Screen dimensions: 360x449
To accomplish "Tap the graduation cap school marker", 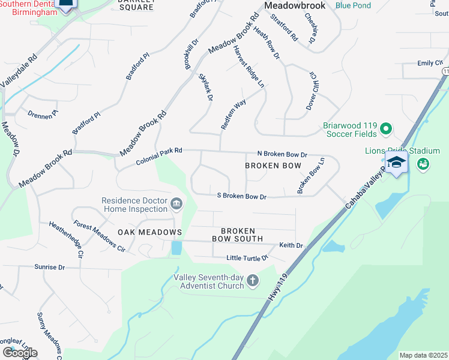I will pyautogui.click(x=396, y=163).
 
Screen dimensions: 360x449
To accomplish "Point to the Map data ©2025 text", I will pyautogui.click(x=423, y=355).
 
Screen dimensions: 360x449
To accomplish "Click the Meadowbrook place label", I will pyautogui.click(x=295, y=5).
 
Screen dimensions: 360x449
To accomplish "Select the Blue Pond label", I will pyautogui.click(x=353, y=5).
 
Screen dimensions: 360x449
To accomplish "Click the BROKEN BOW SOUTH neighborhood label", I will pyautogui.click(x=237, y=235).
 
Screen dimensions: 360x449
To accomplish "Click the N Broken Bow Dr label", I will pyautogui.click(x=282, y=154).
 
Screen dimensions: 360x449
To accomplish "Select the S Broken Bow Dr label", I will pyautogui.click(x=241, y=196).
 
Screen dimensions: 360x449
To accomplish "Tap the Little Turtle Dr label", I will pyautogui.click(x=246, y=258).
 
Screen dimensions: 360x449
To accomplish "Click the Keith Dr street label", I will pyautogui.click(x=291, y=245).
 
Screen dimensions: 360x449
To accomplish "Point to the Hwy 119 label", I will pyautogui.click(x=276, y=292).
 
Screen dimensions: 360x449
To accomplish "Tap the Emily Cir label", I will pyautogui.click(x=430, y=63).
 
